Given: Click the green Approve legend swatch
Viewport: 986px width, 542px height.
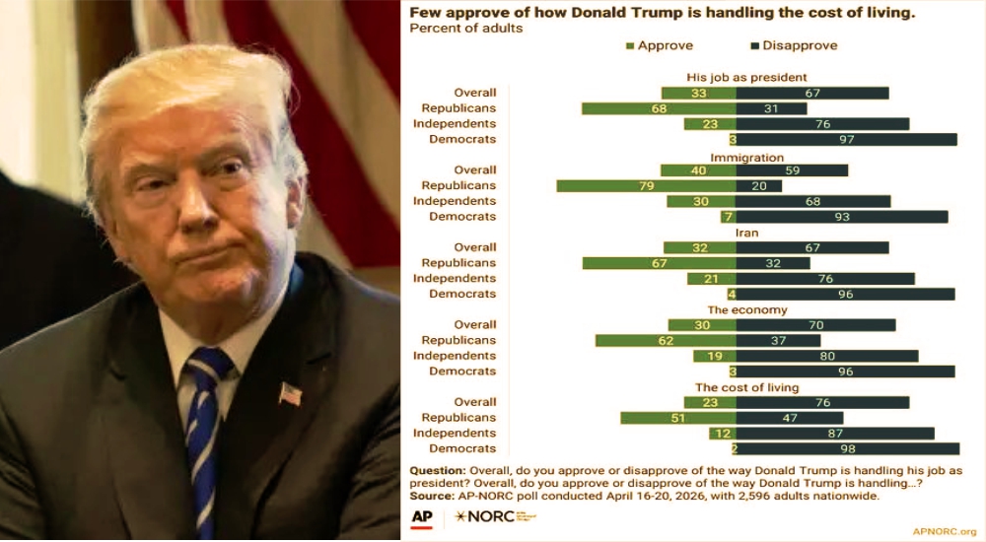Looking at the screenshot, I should (630, 46).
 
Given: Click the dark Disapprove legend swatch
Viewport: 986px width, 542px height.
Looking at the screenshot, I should (755, 46).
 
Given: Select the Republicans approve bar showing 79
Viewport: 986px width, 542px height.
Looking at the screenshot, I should (646, 185).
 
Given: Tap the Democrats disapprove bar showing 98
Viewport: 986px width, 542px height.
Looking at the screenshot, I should (847, 448).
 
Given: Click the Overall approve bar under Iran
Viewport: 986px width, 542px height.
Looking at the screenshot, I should (699, 247).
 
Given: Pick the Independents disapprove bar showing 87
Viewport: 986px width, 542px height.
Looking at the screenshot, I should (834, 433).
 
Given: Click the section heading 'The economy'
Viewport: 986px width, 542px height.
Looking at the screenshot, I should (746, 310).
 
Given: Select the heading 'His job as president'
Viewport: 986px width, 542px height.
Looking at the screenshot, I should (746, 77).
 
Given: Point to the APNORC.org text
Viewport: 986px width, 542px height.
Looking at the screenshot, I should (944, 531).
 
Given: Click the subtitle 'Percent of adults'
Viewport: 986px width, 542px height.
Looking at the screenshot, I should (465, 29).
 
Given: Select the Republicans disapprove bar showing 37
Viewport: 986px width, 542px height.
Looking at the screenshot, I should (778, 340).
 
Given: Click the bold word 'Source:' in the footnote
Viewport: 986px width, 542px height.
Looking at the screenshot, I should (432, 495).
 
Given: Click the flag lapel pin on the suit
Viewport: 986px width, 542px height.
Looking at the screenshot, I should (290, 393).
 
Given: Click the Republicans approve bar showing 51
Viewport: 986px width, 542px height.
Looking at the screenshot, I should (677, 418).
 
